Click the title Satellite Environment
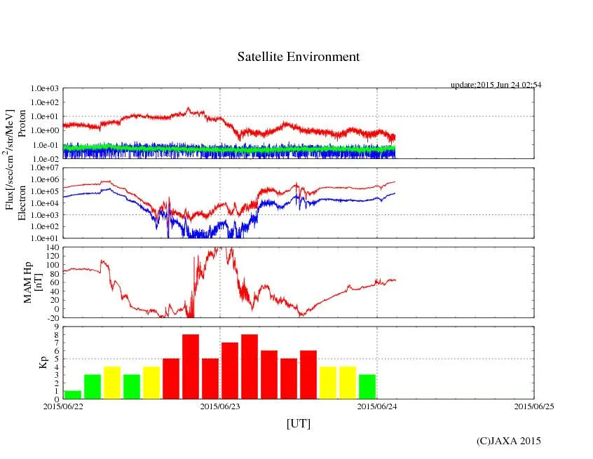click(x=298, y=57)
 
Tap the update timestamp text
click(x=496, y=85)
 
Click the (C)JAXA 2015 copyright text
click(x=508, y=441)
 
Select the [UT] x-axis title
click(x=298, y=423)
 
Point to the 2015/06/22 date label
click(x=63, y=405)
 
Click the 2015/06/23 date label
click(x=220, y=405)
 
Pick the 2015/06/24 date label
click(x=377, y=405)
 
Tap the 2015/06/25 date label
click(x=534, y=405)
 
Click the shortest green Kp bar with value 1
click(x=73, y=395)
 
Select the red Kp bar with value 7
click(x=230, y=371)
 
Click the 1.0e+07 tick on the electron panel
click(x=44, y=168)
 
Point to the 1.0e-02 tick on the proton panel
click(x=44, y=159)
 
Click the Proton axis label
click(x=22, y=124)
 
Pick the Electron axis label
click(x=22, y=203)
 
